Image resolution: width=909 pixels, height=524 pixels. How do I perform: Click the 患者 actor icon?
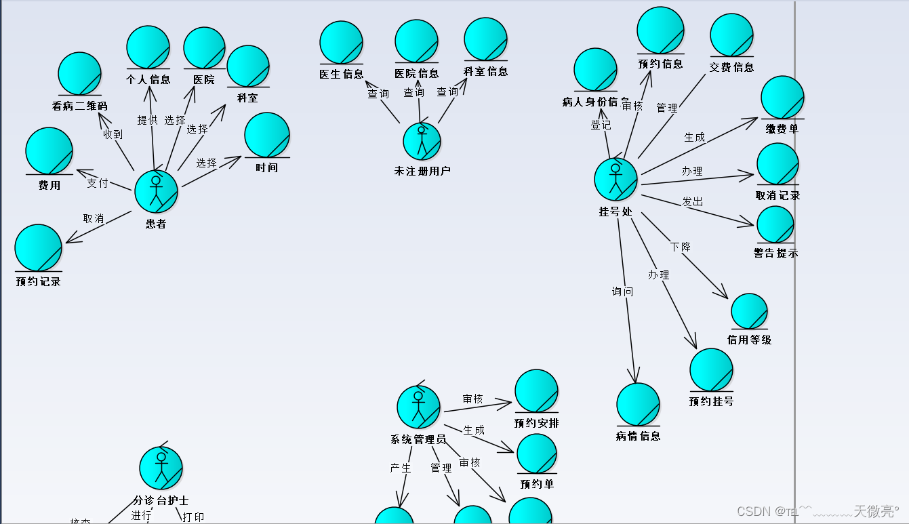point(156,191)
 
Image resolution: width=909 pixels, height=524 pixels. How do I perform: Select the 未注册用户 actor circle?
point(422,141)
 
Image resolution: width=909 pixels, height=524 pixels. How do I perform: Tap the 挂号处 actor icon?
point(615,179)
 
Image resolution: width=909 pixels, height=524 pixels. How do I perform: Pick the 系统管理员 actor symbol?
point(418,407)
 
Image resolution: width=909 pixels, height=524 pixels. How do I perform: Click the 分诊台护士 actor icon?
point(161,468)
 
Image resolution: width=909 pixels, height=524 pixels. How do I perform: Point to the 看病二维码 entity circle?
point(79,73)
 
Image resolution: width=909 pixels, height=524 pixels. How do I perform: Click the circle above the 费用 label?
point(49,150)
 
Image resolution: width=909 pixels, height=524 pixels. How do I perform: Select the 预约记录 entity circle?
point(38,247)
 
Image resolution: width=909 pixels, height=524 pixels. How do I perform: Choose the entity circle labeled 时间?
point(267,135)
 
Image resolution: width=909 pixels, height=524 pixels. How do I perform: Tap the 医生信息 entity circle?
point(341,43)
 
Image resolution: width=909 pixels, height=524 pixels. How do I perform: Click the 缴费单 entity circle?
point(782,98)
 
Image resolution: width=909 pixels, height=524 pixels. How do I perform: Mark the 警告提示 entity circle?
point(775,224)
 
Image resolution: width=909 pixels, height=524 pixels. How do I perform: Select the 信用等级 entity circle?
point(749,311)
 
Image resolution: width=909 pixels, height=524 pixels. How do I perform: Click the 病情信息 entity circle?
point(638,405)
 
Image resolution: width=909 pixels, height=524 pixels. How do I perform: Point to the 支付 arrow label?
point(97,183)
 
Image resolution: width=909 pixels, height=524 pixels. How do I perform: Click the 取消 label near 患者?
point(94,218)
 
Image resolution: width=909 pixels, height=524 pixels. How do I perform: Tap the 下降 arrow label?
point(680,247)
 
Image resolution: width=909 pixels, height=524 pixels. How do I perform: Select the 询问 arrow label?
point(622,291)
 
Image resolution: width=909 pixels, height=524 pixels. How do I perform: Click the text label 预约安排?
point(536,423)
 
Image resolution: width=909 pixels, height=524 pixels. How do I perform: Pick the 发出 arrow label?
point(692,201)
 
